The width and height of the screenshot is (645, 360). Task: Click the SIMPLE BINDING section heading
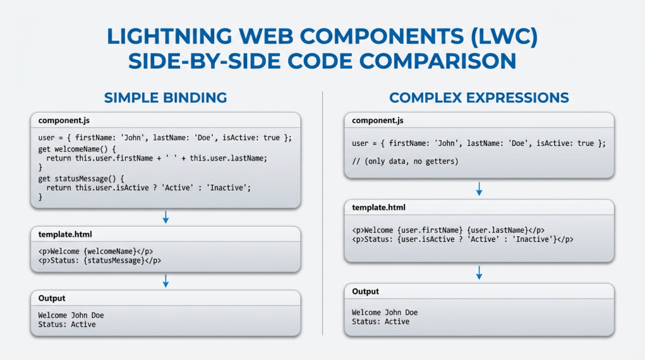pyautogui.click(x=165, y=98)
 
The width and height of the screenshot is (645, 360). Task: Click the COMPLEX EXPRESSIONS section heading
pyautogui.click(x=479, y=98)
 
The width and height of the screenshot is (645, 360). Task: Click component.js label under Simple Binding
pyautogui.click(x=63, y=121)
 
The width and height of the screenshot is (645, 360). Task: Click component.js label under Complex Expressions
pyautogui.click(x=377, y=121)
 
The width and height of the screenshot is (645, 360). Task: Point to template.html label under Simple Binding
pyautogui.click(x=64, y=235)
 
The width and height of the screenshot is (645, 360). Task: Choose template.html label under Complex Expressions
pyautogui.click(x=379, y=207)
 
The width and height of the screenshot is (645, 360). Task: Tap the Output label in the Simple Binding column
pyautogui.click(x=52, y=298)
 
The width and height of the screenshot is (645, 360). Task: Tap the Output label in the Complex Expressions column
pyautogui.click(x=366, y=292)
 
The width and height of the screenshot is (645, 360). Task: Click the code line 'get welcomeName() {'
pyautogui.click(x=79, y=148)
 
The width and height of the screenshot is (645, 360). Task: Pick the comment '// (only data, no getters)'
pyautogui.click(x=405, y=161)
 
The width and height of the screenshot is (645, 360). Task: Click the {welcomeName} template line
pyautogui.click(x=95, y=252)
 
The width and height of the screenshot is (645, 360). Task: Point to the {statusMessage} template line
pyautogui.click(x=99, y=261)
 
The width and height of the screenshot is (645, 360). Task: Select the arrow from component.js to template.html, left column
pyautogui.click(x=166, y=217)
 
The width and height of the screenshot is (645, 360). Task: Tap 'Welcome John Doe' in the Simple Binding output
pyautogui.click(x=71, y=315)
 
